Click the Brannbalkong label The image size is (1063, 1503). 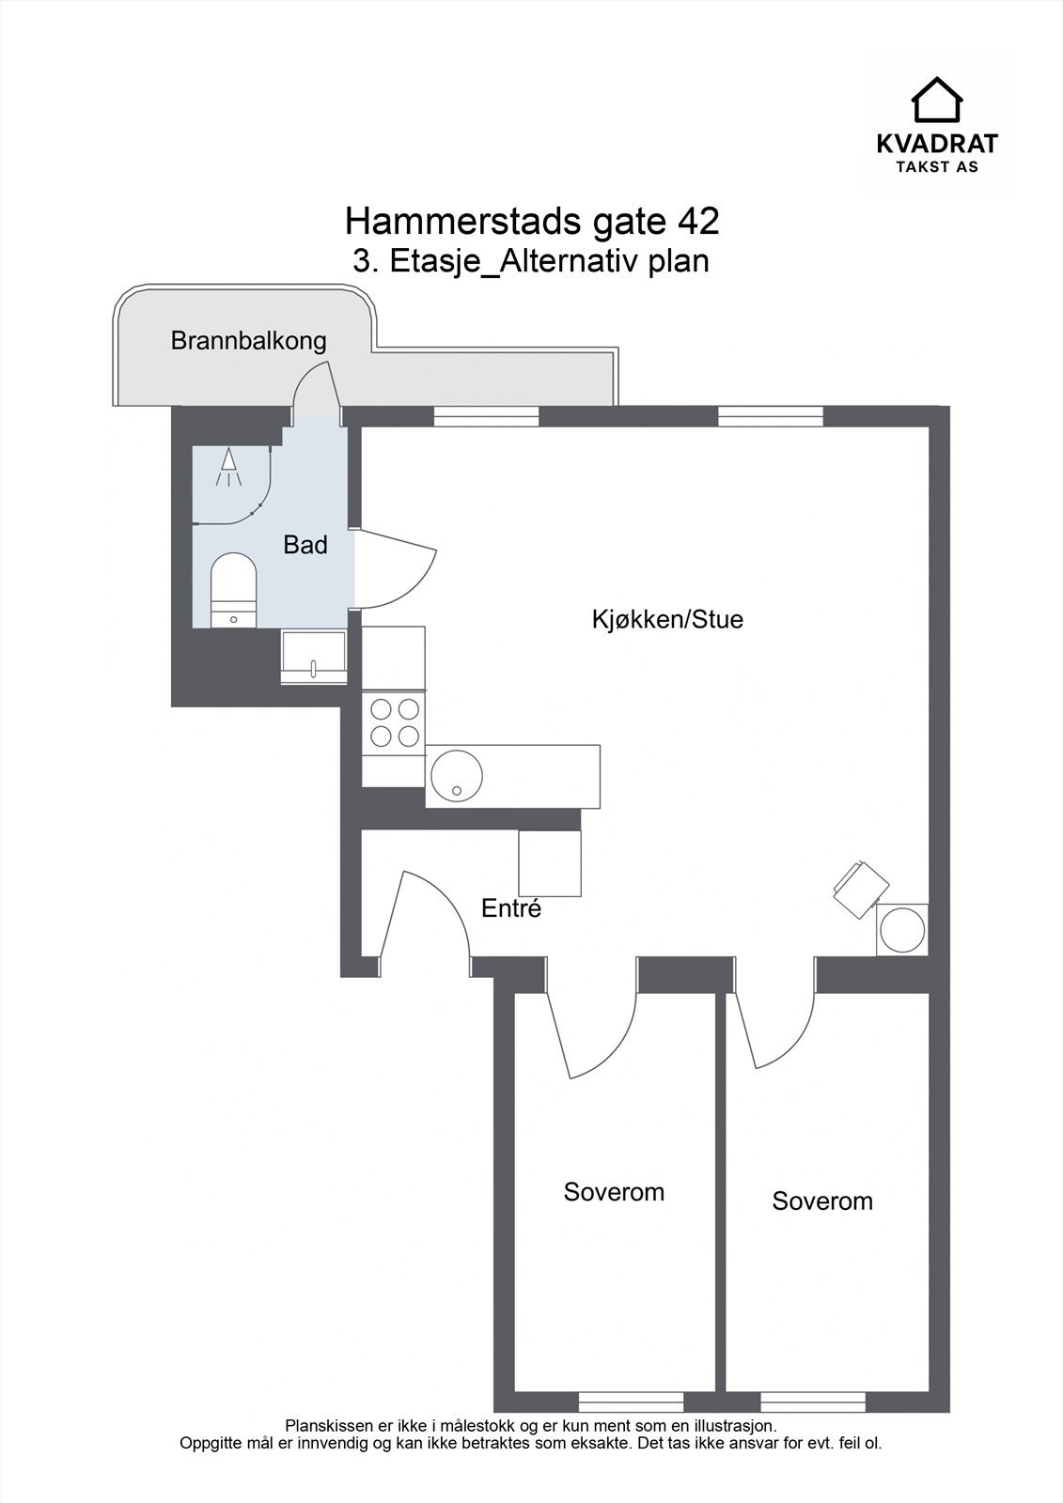point(248,341)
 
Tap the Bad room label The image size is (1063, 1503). point(305,545)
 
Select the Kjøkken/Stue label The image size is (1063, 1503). point(667,620)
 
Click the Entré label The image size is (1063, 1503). point(511,909)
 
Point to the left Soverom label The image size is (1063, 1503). point(614,1192)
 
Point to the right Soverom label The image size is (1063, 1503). point(822,1201)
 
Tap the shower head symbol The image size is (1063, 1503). point(227,467)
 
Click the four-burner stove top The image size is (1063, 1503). point(394,722)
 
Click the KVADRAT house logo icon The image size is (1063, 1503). point(937,100)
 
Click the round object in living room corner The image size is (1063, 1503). point(902,930)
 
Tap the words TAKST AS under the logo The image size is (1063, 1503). point(936,166)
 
